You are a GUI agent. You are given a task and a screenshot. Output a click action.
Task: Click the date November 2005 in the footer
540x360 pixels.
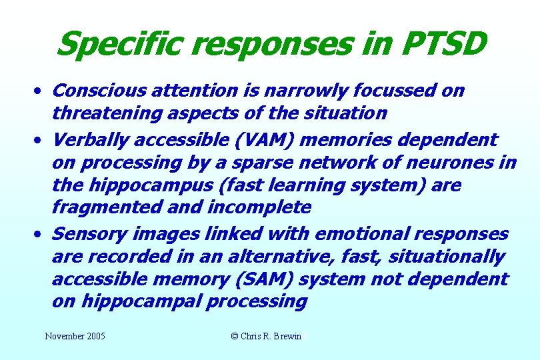pyautogui.click(x=75, y=337)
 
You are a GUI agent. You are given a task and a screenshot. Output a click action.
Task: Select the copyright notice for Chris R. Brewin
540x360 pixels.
pyautogui.click(x=266, y=337)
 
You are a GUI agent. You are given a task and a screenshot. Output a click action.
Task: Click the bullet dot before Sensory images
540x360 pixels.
pyautogui.click(x=41, y=234)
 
